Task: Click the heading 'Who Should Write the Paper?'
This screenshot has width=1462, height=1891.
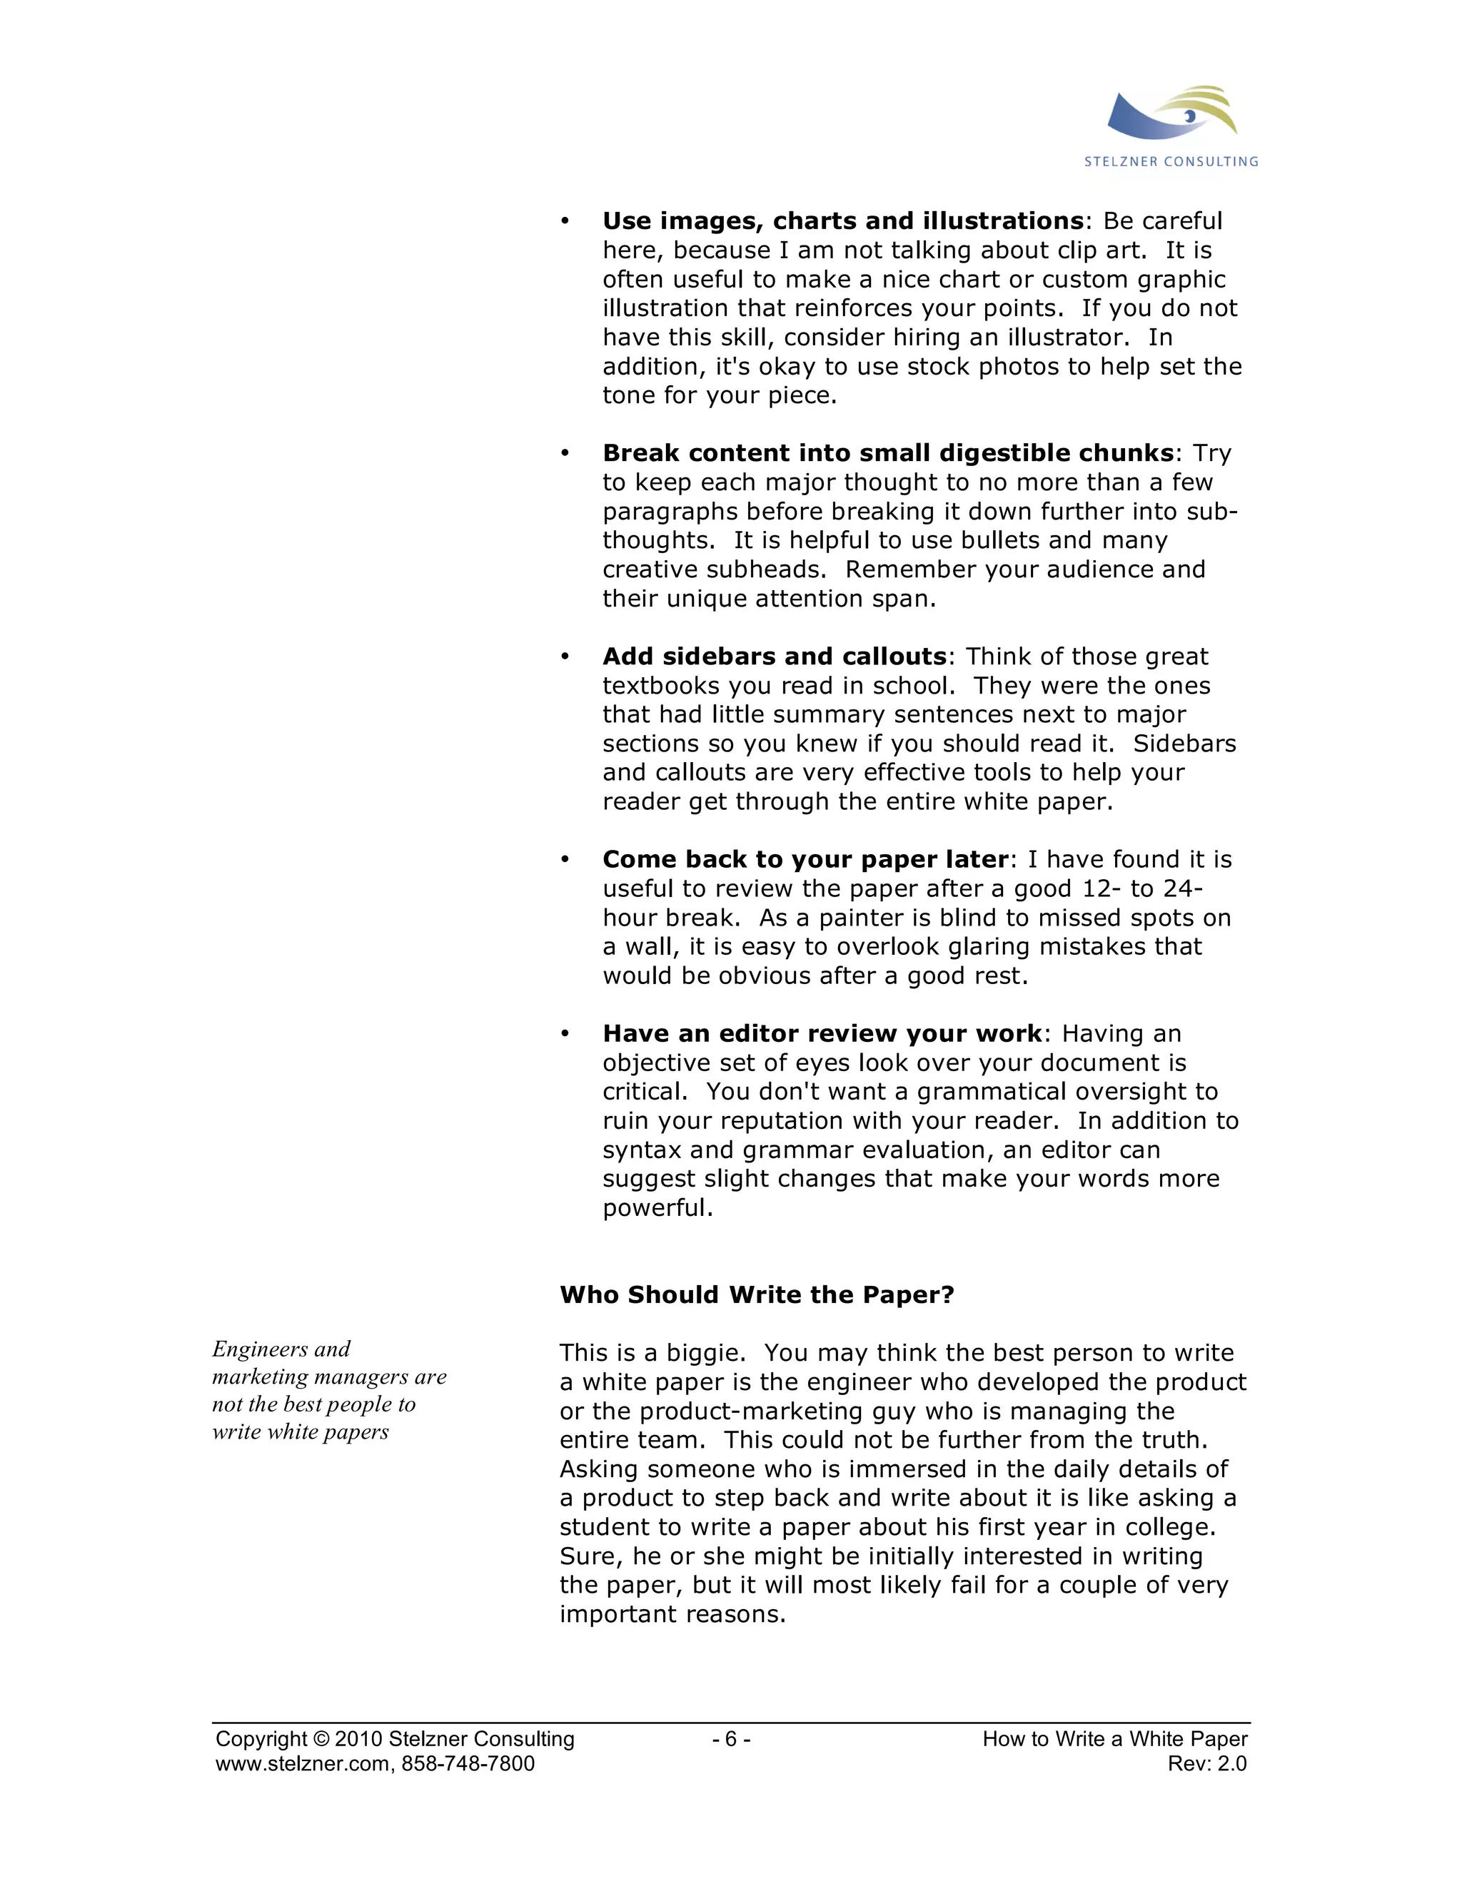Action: point(756,1294)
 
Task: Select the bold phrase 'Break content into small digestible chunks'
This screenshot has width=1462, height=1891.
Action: point(888,453)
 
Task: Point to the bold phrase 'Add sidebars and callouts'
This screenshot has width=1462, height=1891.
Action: point(775,656)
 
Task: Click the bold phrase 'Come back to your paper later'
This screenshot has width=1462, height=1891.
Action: point(805,859)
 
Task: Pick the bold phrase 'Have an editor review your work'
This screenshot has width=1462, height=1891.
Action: point(822,1033)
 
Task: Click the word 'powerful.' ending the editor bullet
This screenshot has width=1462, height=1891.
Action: point(657,1208)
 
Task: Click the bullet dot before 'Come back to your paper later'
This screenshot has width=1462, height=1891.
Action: point(565,859)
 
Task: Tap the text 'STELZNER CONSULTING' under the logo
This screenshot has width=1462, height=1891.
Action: point(1171,161)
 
